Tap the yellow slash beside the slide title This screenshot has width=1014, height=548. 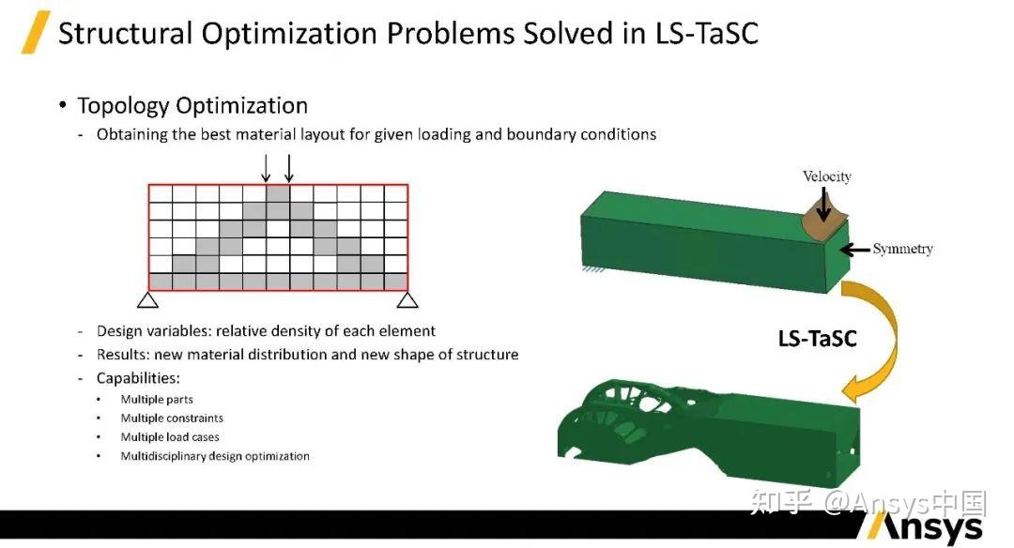click(36, 32)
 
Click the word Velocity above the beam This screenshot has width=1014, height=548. click(827, 176)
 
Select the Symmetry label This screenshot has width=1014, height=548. click(903, 249)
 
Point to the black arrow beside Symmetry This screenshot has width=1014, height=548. click(855, 250)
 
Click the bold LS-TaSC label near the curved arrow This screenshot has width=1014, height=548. click(818, 339)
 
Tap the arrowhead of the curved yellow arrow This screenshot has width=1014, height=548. click(855, 389)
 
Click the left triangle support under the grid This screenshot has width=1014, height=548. click(148, 300)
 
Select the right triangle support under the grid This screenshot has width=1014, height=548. click(407, 300)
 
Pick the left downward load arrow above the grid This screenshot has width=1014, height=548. click(266, 168)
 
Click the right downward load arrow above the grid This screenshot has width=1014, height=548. click(289, 168)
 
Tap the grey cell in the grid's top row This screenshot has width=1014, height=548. click(278, 194)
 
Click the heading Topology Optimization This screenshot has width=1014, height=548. click(192, 105)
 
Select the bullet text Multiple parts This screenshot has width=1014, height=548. click(157, 400)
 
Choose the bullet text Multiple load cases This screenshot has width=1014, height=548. click(169, 437)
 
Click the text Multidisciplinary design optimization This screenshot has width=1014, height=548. click(215, 456)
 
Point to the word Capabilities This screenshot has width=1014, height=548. click(138, 378)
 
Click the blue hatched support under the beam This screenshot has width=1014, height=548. click(593, 268)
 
